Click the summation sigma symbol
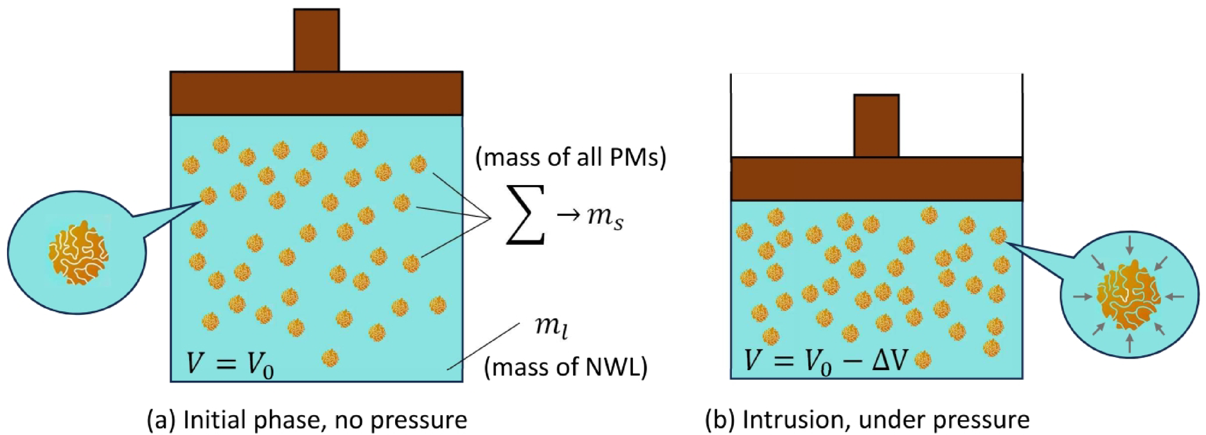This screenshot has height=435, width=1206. pyautogui.click(x=526, y=215)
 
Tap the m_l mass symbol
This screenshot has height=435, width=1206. pyautogui.click(x=551, y=326)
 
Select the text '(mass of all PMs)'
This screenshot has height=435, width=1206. pyautogui.click(x=571, y=157)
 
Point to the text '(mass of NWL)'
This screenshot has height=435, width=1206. pyautogui.click(x=565, y=367)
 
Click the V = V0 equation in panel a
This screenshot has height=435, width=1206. pyautogui.click(x=230, y=364)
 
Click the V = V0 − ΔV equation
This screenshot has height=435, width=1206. pyautogui.click(x=825, y=360)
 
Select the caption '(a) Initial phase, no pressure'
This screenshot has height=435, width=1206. pyautogui.click(x=306, y=420)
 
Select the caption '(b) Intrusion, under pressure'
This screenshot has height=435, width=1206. pyautogui.click(x=867, y=420)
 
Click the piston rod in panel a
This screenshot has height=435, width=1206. pyautogui.click(x=316, y=40)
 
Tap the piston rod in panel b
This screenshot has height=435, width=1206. pyautogui.click(x=876, y=125)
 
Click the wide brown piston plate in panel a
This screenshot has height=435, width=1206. pyautogui.click(x=316, y=93)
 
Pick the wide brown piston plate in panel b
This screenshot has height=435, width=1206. pyautogui.click(x=876, y=179)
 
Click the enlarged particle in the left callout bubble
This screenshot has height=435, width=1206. pyautogui.click(x=78, y=253)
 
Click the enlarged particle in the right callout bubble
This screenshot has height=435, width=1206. pyautogui.click(x=1128, y=296)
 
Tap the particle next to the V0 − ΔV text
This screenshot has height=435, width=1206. pyautogui.click(x=923, y=360)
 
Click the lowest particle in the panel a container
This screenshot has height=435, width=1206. pyautogui.click(x=330, y=358)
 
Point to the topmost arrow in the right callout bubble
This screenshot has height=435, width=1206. pyautogui.click(x=1130, y=245)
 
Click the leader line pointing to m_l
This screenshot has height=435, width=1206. pyautogui.click(x=483, y=346)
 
